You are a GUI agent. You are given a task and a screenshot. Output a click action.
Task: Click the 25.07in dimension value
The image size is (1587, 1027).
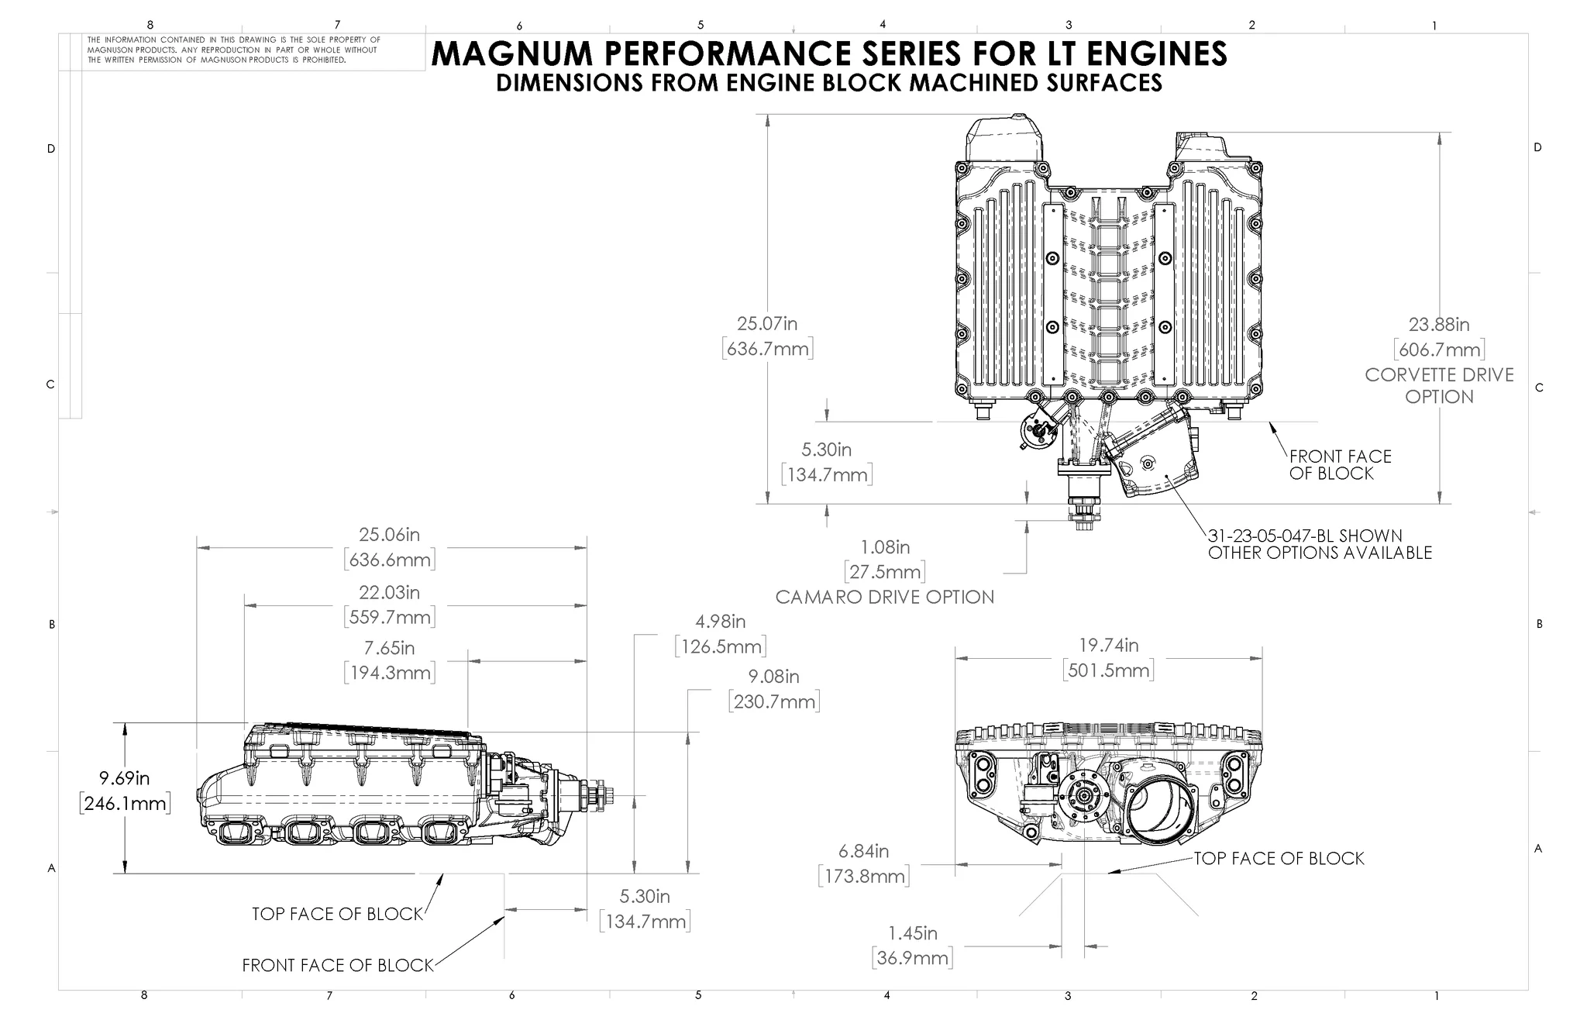click(x=766, y=324)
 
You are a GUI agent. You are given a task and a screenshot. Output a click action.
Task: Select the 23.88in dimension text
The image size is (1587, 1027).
click(x=1438, y=325)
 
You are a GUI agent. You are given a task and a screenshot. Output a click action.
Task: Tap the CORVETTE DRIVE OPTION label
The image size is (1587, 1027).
click(x=1439, y=385)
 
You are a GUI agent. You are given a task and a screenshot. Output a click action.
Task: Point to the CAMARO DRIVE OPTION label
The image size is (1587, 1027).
click(x=884, y=598)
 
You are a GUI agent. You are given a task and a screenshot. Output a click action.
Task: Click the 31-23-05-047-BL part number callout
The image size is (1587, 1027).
click(x=1305, y=536)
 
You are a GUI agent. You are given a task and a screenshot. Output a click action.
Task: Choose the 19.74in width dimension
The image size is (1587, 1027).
click(x=1108, y=646)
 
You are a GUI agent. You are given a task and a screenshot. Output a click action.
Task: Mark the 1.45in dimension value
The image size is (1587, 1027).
click(x=912, y=933)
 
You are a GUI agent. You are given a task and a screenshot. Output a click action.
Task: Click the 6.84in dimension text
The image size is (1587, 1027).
click(x=863, y=852)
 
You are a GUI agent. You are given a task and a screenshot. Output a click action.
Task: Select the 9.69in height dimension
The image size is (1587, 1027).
click(x=124, y=778)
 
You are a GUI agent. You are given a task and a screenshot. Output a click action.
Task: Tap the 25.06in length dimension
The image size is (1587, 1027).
click(x=389, y=535)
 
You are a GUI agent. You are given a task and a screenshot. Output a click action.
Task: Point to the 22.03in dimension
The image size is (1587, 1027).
click(x=389, y=593)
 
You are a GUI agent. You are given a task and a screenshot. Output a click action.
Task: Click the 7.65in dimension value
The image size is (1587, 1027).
click(x=389, y=648)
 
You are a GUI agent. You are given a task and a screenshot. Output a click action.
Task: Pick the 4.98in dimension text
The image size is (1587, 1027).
click(x=720, y=622)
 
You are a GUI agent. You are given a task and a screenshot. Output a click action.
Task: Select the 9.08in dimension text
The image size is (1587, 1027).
click(x=773, y=677)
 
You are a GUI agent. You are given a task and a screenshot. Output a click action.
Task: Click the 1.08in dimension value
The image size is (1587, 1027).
click(x=884, y=548)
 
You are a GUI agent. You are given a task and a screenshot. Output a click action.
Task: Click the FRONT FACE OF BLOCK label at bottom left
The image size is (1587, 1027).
click(x=337, y=966)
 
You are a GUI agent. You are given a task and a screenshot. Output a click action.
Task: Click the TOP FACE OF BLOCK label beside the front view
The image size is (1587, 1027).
click(x=1278, y=859)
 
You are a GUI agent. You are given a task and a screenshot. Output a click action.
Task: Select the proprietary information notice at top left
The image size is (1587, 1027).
click(x=233, y=50)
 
